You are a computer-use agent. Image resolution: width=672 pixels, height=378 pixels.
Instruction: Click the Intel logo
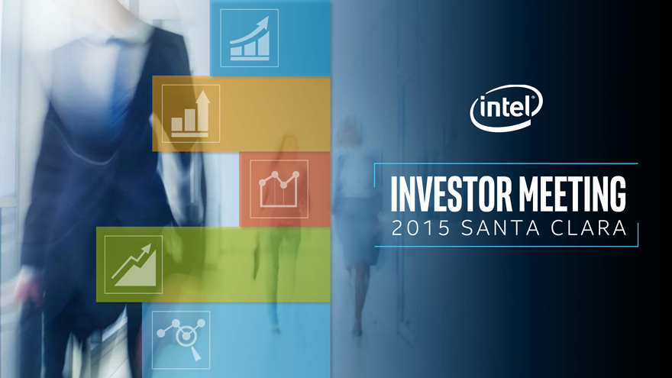[x=506, y=108]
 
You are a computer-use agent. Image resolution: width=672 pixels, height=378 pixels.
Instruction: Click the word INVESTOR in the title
[x=451, y=194]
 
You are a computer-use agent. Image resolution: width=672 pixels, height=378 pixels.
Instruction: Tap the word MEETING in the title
[x=573, y=194]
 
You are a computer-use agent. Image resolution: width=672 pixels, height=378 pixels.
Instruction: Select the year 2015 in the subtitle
[x=421, y=228]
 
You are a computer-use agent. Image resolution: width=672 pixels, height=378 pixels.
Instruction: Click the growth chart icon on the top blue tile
[x=250, y=38]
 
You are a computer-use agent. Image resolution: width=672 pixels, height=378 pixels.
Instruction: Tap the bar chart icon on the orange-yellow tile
[x=191, y=114]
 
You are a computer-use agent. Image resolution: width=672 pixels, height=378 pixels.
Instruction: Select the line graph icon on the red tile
[x=279, y=189]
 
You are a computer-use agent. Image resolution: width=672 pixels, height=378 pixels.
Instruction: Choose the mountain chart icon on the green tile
[x=134, y=264]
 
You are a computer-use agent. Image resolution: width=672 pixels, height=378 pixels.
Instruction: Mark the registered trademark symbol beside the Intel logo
[x=534, y=97]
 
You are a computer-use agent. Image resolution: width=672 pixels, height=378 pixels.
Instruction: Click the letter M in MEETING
[x=529, y=194]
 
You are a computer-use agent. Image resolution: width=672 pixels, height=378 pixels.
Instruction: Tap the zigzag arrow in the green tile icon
[x=131, y=260]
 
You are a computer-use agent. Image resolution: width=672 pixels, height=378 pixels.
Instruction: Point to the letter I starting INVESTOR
[x=394, y=194]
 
